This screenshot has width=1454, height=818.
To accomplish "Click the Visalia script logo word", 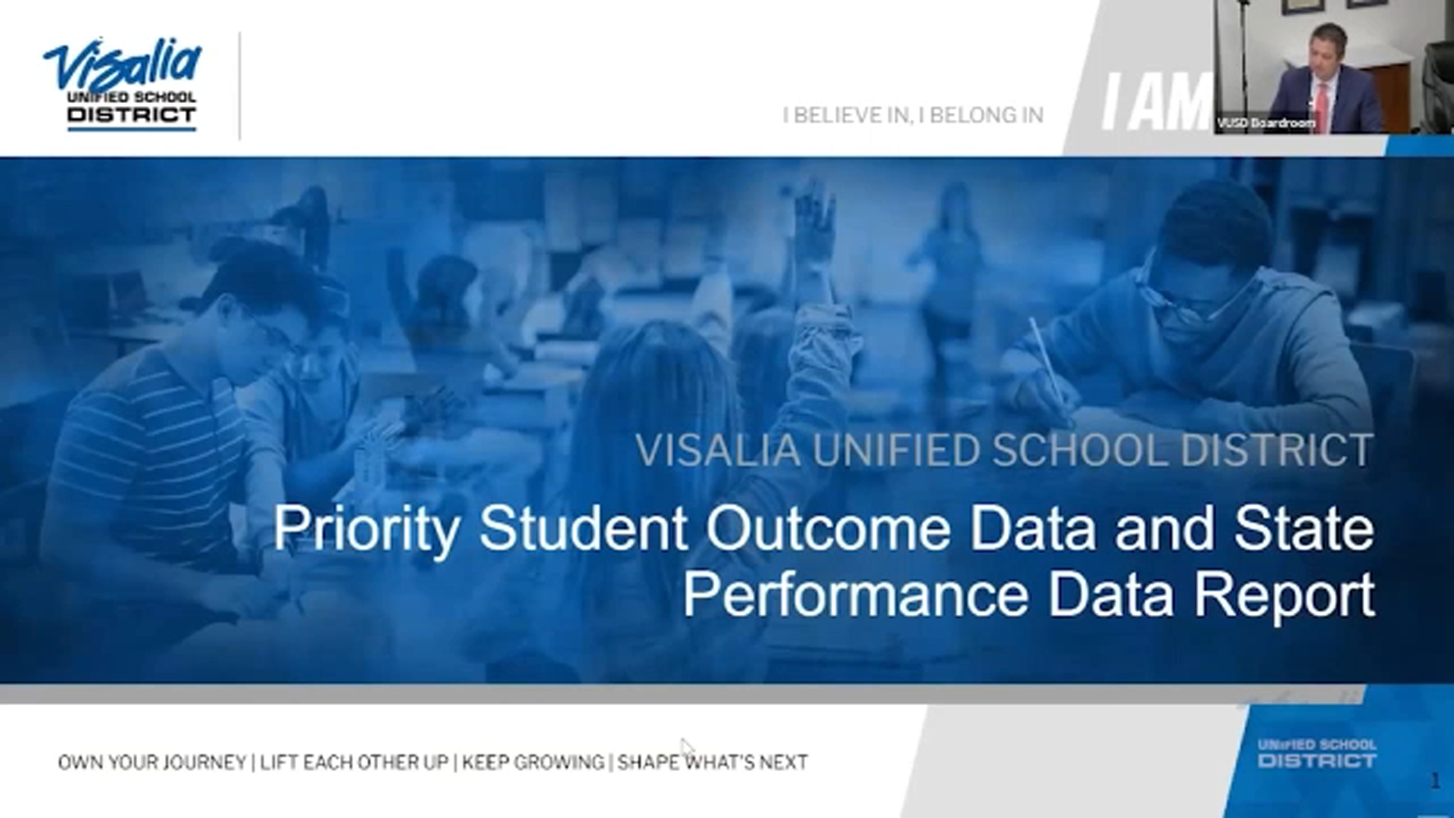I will tap(123, 64).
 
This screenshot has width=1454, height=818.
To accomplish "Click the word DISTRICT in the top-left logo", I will tap(131, 115).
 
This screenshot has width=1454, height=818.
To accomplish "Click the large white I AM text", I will tap(1155, 102).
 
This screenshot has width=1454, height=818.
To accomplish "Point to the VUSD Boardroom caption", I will tap(1265, 123).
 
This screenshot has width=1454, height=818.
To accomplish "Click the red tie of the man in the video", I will tap(1323, 106).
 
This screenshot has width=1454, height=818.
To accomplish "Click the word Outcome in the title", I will tap(828, 528).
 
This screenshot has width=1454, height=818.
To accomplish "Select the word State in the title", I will tap(1304, 528).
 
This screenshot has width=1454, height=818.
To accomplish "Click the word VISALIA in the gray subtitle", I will tap(717, 450).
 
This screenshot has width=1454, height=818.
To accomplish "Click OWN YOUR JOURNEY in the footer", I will tap(152, 762).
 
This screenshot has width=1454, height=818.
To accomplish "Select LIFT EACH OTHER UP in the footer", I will tap(354, 762).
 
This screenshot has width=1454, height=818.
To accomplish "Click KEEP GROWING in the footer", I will tap(533, 762).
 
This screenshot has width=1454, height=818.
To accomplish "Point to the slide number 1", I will tap(1435, 781).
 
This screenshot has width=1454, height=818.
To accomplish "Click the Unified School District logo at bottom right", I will tap(1317, 753).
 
